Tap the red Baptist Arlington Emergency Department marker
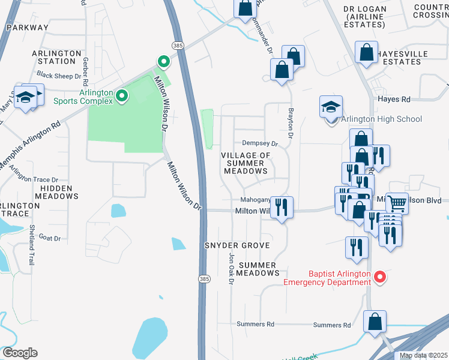[x=379, y=277]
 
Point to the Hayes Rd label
[x=394, y=99]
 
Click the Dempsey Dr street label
[x=260, y=143]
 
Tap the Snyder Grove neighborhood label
[x=237, y=246]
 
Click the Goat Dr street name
[x=50, y=238]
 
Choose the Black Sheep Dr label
[x=59, y=76]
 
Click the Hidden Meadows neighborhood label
[x=56, y=193]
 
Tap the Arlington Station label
[x=56, y=57]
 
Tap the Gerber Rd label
[x=86, y=71]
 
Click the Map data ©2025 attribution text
[x=423, y=355]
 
